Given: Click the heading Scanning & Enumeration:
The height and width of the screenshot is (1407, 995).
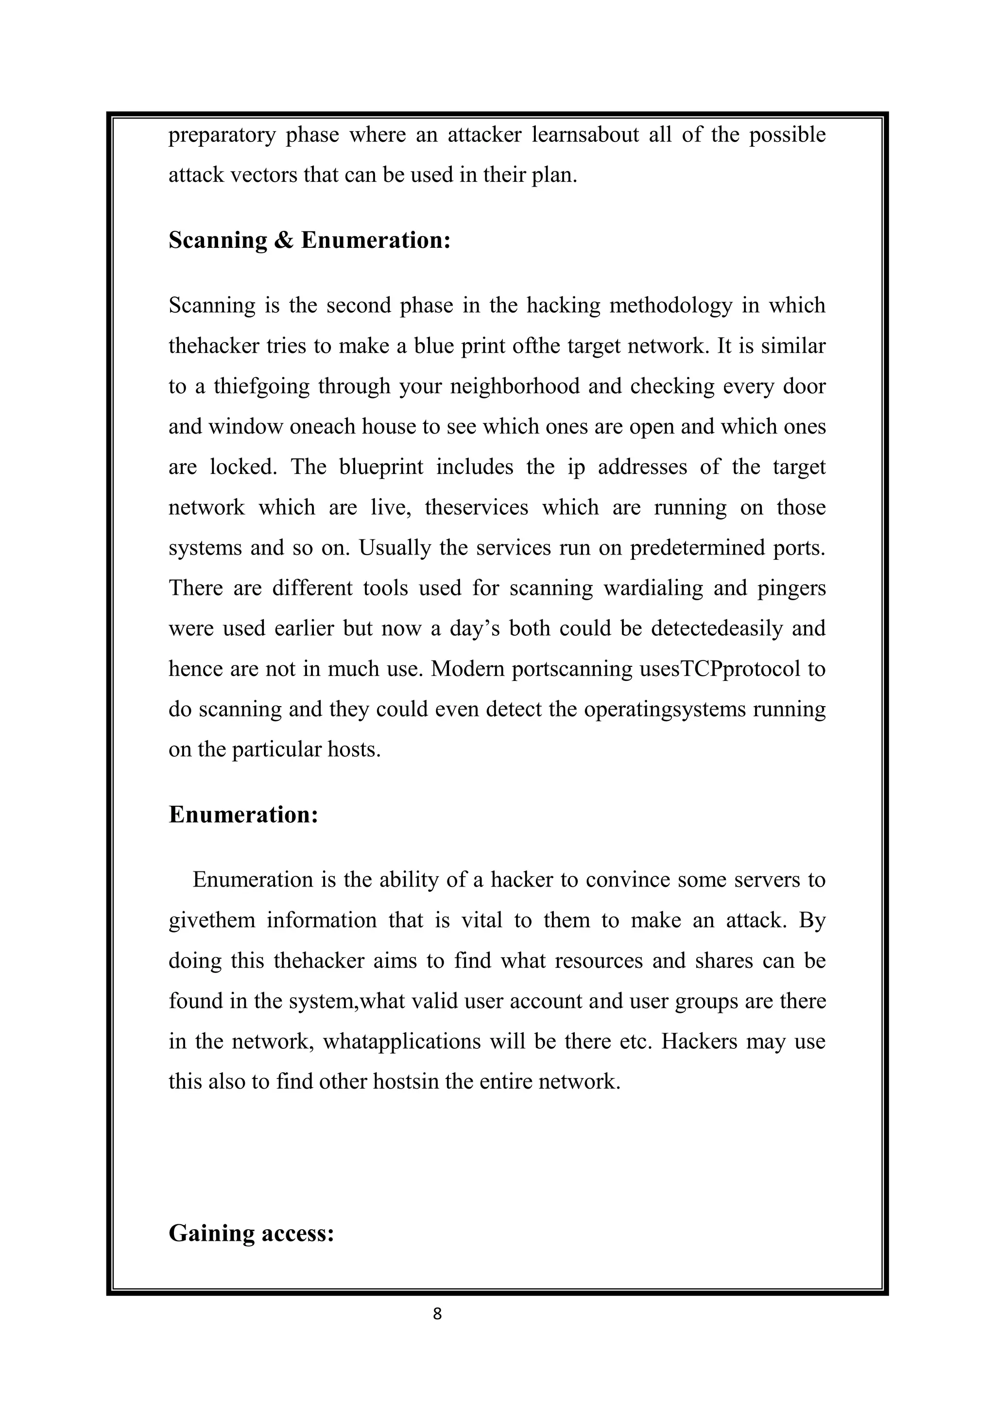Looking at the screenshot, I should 309,240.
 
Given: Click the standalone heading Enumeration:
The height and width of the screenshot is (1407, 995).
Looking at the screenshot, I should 243,815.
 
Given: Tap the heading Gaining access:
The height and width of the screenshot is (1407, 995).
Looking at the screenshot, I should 251,1233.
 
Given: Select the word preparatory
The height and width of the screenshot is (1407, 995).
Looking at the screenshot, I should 222,136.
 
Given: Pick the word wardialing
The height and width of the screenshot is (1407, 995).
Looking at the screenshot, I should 653,588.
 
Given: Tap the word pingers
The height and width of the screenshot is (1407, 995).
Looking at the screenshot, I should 791,588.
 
